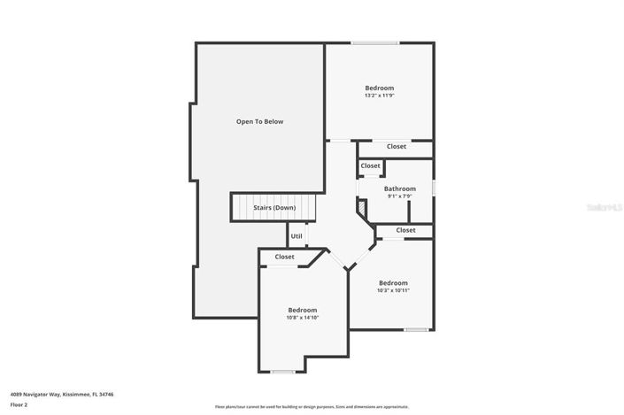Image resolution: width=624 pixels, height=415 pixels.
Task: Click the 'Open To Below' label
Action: [x=259, y=121]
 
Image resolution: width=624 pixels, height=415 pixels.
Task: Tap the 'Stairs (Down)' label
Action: [x=274, y=207]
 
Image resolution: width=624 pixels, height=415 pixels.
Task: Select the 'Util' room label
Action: [x=297, y=236]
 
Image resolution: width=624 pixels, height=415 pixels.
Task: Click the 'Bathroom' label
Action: [x=399, y=188]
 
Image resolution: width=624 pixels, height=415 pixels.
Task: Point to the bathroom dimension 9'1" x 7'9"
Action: [x=400, y=196]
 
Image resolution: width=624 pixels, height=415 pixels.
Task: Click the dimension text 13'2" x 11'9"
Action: [x=379, y=96]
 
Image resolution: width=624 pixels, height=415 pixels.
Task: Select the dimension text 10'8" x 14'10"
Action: [x=302, y=318]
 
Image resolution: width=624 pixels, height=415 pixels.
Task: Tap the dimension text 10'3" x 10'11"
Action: [x=392, y=290]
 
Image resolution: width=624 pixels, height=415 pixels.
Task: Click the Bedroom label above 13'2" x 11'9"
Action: [x=379, y=88]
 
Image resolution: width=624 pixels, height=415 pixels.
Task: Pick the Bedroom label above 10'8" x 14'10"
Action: [x=302, y=310]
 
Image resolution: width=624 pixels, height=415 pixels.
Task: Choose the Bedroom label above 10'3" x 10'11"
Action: [x=392, y=282]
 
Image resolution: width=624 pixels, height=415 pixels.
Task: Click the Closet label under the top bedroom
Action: [x=397, y=146]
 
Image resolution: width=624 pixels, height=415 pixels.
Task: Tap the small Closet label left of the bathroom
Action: [x=370, y=165]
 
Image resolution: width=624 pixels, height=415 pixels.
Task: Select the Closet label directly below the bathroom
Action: [x=405, y=230]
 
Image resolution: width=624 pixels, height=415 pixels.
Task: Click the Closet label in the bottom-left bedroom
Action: [x=284, y=257]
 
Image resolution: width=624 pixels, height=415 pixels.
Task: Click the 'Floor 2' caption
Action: [x=19, y=404]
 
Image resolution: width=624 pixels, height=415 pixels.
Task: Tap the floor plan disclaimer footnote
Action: [x=312, y=407]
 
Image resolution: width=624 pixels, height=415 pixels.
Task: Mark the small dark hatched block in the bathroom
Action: [x=362, y=207]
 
